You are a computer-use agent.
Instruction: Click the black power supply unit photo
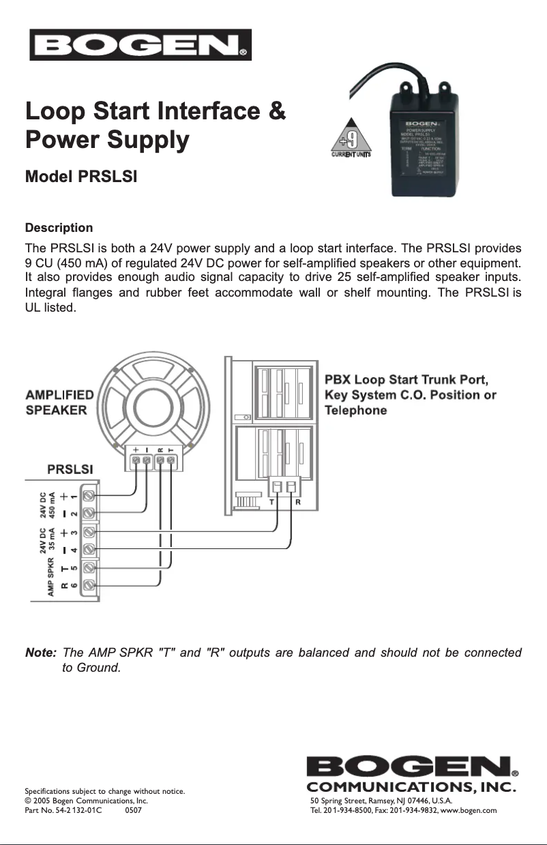(423, 140)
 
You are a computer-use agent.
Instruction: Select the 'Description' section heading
(59, 227)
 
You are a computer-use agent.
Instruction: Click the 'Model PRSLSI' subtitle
(81, 177)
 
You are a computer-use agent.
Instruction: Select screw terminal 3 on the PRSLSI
(89, 531)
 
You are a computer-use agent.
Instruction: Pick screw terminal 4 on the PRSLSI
(89, 548)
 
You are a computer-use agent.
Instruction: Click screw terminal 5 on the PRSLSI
(89, 567)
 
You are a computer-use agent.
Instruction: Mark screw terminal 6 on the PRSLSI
(89, 584)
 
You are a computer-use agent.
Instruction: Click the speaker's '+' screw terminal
(136, 462)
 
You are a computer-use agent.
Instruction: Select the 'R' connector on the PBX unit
(293, 487)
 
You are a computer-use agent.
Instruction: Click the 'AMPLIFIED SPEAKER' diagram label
(59, 402)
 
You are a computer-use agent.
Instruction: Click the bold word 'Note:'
(40, 653)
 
